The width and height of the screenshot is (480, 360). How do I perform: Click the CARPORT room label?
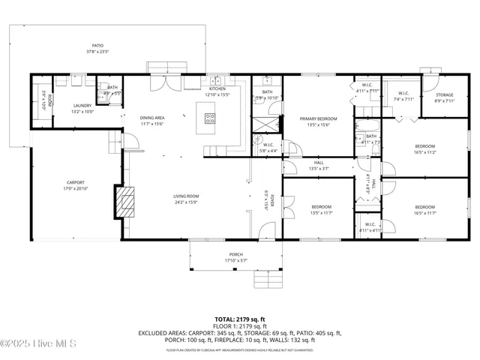pos(76,182)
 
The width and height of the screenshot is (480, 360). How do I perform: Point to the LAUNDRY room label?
pos(82,106)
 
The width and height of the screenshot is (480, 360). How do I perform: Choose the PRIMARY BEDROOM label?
pos(319,118)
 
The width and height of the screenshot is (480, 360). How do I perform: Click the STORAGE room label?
pos(445,94)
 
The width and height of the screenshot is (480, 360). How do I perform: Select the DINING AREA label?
pos(153,118)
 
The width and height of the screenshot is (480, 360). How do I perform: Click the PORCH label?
pos(235,254)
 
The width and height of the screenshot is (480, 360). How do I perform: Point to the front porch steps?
pos(267,280)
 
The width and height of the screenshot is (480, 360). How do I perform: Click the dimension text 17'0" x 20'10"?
pos(76,188)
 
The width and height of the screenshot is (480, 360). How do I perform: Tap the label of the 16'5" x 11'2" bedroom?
pos(425,145)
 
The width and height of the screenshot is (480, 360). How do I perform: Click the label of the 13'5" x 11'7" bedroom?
pos(321,206)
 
